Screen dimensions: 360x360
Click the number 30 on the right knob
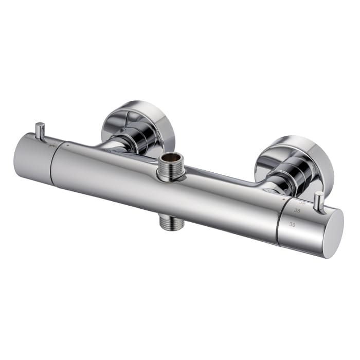(x=292, y=224)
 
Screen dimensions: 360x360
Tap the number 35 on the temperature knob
(x=297, y=211)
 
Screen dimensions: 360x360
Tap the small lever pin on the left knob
(x=39, y=131)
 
